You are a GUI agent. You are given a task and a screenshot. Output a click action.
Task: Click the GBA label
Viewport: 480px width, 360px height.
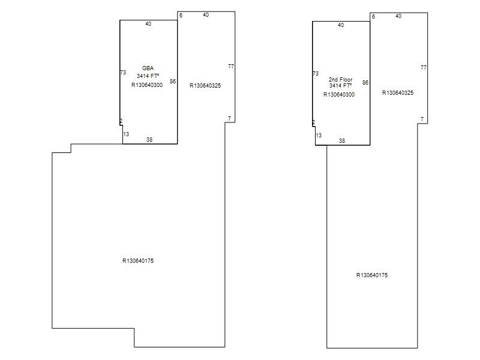click(x=148, y=68)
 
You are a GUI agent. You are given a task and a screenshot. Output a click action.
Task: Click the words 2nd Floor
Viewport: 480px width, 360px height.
click(x=340, y=80)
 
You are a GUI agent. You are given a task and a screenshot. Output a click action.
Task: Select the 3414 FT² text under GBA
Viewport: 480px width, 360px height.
click(x=148, y=76)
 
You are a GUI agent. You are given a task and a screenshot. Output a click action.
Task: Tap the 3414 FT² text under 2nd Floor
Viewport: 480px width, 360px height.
click(x=340, y=86)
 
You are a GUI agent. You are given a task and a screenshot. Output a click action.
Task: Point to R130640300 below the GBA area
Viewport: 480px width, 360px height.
click(x=147, y=85)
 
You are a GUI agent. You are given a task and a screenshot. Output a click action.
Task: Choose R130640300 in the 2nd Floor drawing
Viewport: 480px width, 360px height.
click(x=339, y=95)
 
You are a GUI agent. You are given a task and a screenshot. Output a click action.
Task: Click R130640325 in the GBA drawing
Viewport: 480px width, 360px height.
click(x=205, y=86)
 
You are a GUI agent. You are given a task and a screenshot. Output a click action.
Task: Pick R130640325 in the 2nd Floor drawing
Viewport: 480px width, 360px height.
click(x=398, y=93)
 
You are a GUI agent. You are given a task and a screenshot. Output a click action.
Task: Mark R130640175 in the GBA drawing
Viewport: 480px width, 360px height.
click(x=138, y=261)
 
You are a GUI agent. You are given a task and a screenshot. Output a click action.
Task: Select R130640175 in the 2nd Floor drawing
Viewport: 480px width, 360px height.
click(x=372, y=275)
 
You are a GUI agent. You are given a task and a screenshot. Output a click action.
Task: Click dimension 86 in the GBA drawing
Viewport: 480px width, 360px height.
click(x=173, y=82)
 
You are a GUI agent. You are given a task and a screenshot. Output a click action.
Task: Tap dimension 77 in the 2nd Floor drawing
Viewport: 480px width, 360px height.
click(x=424, y=68)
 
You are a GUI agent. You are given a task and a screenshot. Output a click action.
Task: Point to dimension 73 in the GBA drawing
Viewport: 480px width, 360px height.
click(x=123, y=73)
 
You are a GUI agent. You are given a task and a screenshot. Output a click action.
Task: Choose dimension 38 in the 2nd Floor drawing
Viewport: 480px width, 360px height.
click(x=342, y=141)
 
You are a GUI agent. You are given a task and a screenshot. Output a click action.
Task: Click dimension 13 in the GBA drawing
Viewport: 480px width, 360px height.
click(x=126, y=134)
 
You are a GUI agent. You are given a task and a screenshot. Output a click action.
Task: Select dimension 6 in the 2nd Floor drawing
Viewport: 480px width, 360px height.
click(x=373, y=17)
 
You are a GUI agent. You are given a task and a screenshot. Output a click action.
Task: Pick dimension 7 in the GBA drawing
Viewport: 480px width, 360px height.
click(x=229, y=118)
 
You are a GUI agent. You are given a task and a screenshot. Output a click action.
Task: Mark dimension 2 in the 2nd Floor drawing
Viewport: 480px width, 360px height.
click(x=313, y=122)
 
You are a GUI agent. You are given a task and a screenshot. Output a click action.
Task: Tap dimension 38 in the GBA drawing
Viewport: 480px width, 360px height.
click(x=149, y=140)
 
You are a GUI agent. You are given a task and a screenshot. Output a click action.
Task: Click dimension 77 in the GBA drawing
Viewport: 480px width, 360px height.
click(x=231, y=67)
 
